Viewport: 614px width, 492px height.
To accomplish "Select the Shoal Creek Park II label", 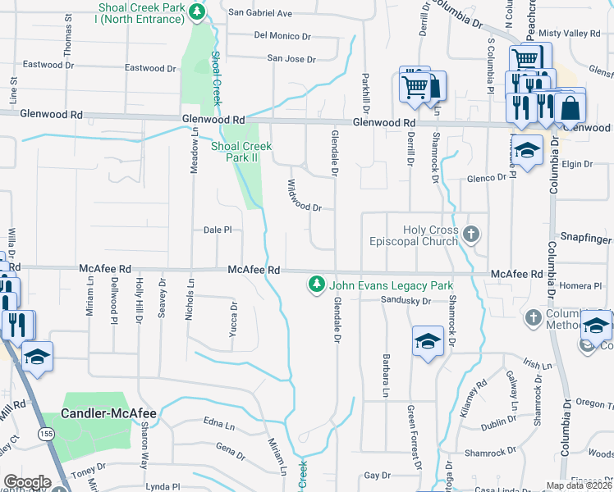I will click(241, 152).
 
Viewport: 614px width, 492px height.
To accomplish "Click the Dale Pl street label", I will click(218, 230).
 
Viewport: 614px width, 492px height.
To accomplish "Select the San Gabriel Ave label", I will click(259, 13).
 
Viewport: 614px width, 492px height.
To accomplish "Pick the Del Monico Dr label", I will click(282, 35).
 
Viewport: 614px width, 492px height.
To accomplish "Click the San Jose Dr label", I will click(291, 59).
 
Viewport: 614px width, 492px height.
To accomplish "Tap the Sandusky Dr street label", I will click(406, 301).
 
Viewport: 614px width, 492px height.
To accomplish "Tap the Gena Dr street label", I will click(230, 447).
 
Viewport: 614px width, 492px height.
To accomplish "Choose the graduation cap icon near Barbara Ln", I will click(428, 340).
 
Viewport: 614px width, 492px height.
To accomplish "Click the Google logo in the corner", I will click(27, 482).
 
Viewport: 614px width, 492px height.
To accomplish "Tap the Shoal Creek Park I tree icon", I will click(197, 12).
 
